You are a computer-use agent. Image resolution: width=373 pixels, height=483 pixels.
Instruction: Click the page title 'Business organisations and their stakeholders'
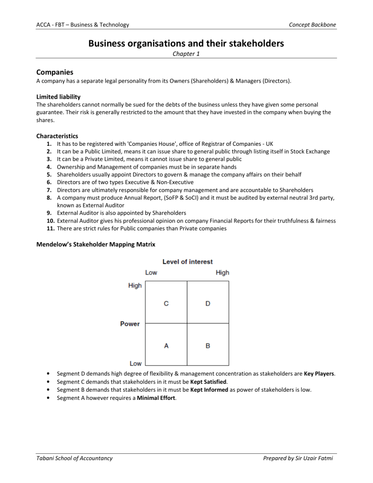186,45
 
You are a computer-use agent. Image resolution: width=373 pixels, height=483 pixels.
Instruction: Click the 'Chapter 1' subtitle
186,56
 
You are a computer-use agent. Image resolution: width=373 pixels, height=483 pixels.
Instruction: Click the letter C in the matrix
166,304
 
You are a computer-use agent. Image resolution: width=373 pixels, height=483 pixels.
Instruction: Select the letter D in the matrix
207,304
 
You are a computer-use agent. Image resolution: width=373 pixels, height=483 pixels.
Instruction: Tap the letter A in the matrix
166,346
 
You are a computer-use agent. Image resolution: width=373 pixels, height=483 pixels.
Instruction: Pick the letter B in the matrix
207,346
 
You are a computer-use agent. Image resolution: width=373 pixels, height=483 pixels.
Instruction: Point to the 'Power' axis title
130,324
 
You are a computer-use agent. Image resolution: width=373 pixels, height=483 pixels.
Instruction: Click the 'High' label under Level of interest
222,273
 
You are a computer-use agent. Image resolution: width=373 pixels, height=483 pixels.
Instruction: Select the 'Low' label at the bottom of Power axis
136,363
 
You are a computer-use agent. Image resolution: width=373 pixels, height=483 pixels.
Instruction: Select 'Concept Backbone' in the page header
314,25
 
